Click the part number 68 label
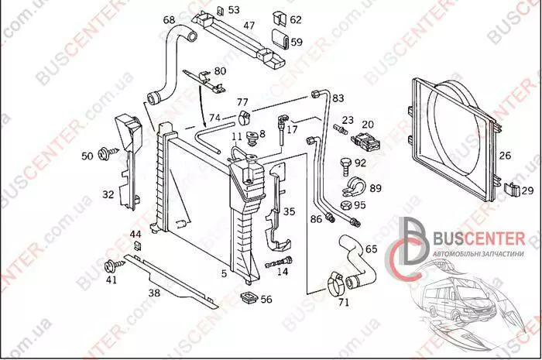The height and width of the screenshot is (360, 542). (x=169, y=19)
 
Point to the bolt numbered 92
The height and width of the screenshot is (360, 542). (x=346, y=166)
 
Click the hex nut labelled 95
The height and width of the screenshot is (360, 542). (x=345, y=206)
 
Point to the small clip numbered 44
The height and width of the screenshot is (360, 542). (x=138, y=245)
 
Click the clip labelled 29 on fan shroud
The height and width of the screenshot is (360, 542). (x=512, y=190)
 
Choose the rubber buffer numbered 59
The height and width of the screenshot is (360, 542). (x=280, y=39)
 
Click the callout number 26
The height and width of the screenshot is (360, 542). (x=505, y=156)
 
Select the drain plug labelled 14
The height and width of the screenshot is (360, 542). (x=279, y=262)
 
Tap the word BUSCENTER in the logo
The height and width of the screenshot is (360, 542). (x=479, y=238)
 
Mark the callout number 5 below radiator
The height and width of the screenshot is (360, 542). (x=224, y=273)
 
